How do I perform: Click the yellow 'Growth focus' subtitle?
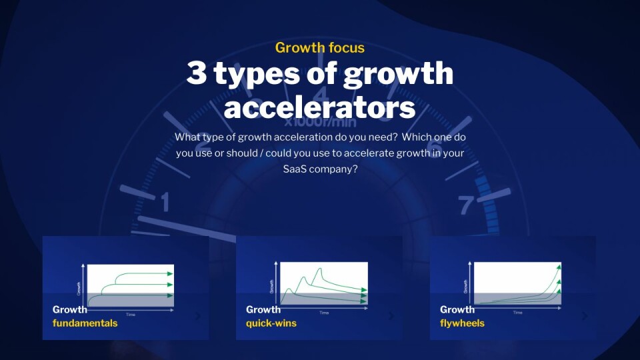tap(319, 47)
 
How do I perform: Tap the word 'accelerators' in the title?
tap(319, 107)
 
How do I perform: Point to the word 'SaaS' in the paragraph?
tap(296, 169)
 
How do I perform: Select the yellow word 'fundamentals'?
tap(85, 323)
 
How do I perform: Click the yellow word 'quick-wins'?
tap(271, 323)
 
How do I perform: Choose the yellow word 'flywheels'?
tap(462, 323)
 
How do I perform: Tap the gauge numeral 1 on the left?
tap(165, 201)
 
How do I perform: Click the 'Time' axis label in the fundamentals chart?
tap(130, 313)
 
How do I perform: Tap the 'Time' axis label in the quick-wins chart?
tap(324, 313)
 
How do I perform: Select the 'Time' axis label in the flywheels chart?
tap(517, 313)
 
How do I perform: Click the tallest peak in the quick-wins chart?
tap(321, 269)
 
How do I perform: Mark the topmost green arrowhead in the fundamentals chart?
tap(170, 273)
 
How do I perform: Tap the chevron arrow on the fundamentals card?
tap(197, 317)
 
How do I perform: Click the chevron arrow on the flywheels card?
tap(585, 317)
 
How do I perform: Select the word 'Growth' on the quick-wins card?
tap(263, 309)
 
